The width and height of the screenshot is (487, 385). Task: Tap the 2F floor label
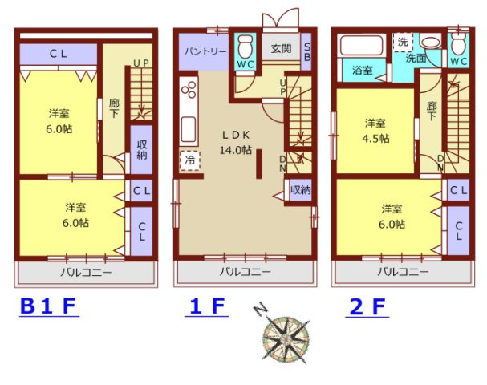tap(367, 306)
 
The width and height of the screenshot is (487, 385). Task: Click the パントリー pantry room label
tap(205, 51)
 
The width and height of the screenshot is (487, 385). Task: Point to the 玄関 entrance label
tap(281, 48)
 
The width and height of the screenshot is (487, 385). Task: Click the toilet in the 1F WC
tap(246, 47)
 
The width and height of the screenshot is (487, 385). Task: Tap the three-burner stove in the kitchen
tap(189, 88)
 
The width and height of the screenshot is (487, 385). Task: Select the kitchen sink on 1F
tap(189, 128)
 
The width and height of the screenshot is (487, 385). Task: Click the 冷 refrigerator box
tap(190, 160)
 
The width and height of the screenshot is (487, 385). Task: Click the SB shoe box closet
tap(306, 52)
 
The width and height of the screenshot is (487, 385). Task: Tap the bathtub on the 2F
tap(361, 46)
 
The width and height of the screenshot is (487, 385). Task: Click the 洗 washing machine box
tap(403, 42)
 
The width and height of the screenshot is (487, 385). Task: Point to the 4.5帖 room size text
tap(375, 139)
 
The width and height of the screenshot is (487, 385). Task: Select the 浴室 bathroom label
tap(363, 70)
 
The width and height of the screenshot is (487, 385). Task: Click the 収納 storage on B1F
tap(142, 150)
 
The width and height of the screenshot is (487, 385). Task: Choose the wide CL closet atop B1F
tap(59, 55)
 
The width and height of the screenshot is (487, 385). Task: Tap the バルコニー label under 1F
tap(246, 272)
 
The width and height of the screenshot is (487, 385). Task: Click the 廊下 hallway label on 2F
tap(432, 111)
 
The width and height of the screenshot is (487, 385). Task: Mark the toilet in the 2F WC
tap(458, 43)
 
